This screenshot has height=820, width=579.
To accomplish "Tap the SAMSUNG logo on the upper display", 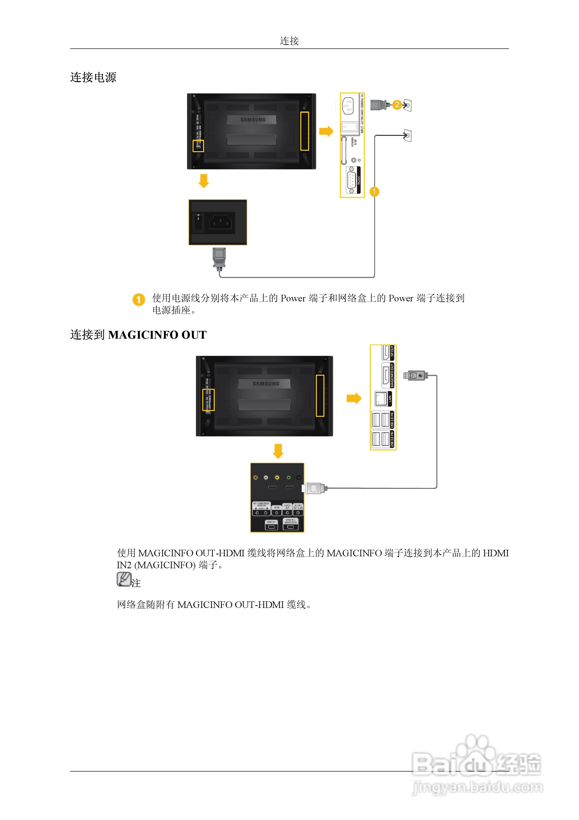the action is [253, 120].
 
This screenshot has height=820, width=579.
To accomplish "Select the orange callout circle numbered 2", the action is [397, 105].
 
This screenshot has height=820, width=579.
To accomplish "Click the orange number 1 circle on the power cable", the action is [374, 192].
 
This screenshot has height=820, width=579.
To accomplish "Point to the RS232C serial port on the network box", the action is [352, 181].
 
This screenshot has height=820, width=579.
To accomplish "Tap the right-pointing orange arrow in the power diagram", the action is [326, 131].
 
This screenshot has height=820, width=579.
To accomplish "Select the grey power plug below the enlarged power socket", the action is [219, 258].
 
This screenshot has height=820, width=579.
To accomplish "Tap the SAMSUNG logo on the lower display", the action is [266, 383].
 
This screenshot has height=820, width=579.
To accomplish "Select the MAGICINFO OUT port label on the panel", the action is [392, 375].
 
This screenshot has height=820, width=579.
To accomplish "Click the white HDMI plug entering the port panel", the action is [314, 488].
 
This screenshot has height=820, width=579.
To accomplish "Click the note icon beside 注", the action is [124, 579].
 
